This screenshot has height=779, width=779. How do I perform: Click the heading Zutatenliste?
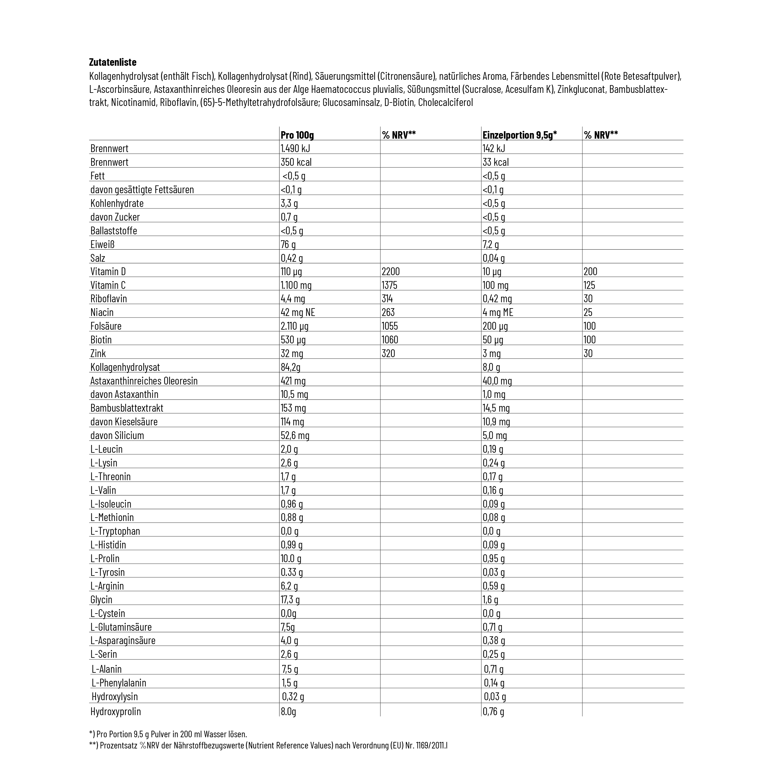[112, 62]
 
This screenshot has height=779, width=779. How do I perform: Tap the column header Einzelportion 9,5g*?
[519, 135]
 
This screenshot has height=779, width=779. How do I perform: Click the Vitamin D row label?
[108, 271]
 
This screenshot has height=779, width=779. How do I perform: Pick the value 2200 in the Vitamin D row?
[391, 271]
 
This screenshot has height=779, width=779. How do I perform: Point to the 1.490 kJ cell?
[295, 148]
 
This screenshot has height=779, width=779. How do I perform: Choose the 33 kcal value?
[495, 162]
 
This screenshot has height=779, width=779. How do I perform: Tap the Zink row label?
[98, 354]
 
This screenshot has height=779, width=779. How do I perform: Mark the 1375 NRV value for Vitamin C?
[389, 285]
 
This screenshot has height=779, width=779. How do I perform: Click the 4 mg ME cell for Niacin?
[498, 312]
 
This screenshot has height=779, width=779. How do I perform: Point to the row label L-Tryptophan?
[115, 531]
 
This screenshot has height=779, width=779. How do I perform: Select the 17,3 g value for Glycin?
[290, 599]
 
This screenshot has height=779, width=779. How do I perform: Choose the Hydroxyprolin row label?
[116, 711]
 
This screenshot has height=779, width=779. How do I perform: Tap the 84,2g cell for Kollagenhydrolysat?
[291, 367]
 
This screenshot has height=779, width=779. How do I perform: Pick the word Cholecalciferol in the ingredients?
[445, 103]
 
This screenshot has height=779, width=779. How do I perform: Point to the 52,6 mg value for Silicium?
[295, 436]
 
